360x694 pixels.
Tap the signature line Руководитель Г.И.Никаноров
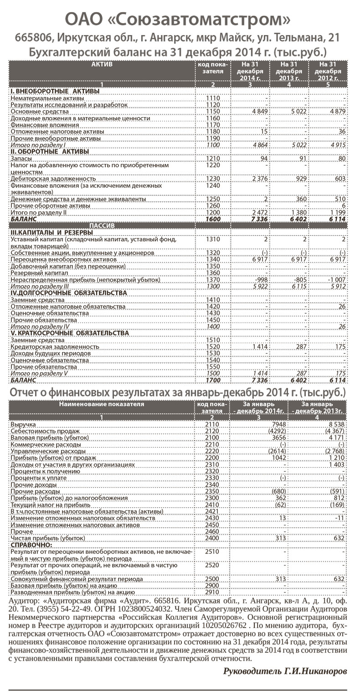tap(285, 671)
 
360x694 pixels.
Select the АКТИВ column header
tap(102, 65)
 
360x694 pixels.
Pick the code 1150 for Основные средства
tap(213, 111)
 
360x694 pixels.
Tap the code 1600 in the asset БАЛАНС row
tap(213, 219)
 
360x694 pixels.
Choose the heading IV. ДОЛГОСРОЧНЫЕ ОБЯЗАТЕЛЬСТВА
tap(68, 293)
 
